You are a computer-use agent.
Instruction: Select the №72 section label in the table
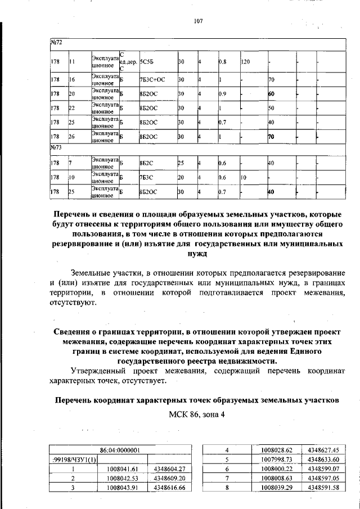point(56,43)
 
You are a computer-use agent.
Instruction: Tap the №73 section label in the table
point(56,148)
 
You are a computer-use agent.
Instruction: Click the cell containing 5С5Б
point(148,61)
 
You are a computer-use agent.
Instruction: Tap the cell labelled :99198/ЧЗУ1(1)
point(75,460)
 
